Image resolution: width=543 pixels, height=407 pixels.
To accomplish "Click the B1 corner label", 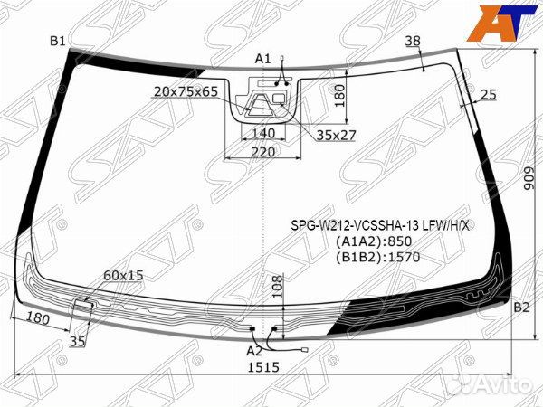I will [58, 41].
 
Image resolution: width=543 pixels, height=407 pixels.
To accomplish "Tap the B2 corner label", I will [520, 308].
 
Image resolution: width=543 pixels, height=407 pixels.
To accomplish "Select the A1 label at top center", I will [262, 59].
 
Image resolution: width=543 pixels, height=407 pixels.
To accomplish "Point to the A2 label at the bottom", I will [254, 350].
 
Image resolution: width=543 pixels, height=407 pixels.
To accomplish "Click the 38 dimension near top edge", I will [413, 41].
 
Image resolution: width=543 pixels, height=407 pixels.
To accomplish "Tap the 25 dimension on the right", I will [490, 95].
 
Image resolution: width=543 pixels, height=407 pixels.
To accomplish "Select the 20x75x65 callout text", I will [186, 92].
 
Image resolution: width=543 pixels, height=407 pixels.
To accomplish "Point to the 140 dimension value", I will [252, 132].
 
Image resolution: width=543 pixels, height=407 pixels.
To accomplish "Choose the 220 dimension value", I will [262, 152].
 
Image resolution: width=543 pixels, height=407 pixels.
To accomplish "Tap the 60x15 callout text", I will [123, 274].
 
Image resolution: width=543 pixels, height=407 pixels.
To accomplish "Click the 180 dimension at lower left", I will [37, 319].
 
